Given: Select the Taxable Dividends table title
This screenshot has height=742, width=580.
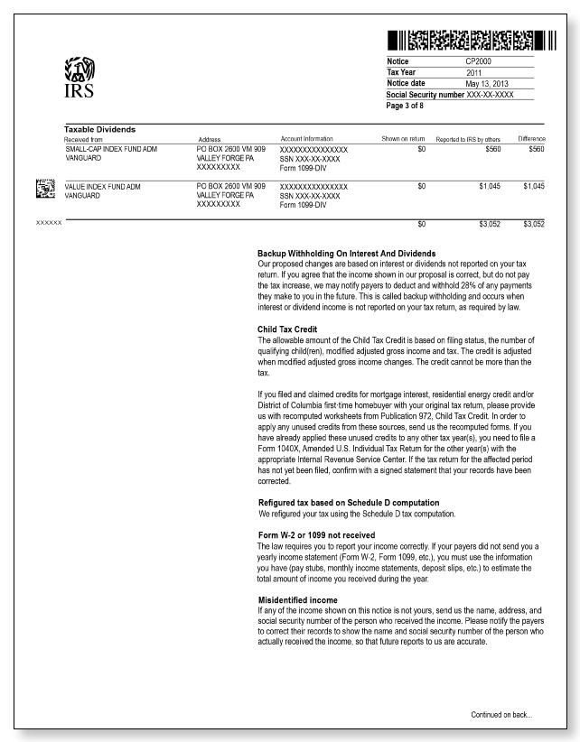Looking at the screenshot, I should pos(99,130).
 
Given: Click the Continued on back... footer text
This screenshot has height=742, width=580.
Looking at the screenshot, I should pos(501,714).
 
